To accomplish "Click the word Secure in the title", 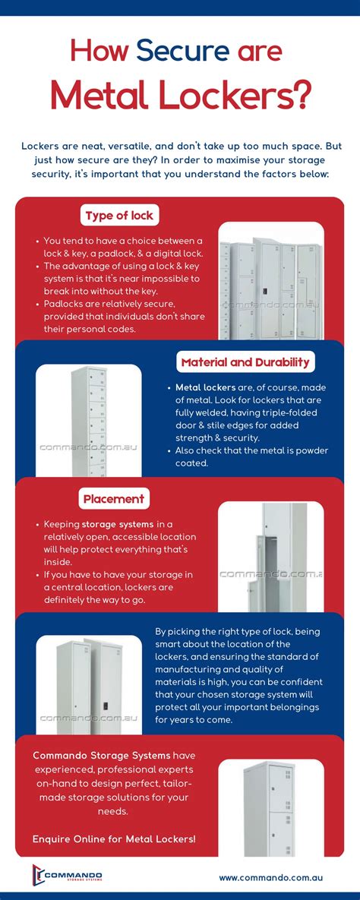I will click(x=182, y=51).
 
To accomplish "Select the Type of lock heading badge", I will click(x=119, y=216).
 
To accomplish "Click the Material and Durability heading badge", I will click(x=245, y=362).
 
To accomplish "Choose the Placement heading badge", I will click(x=114, y=499).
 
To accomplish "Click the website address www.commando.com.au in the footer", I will click(x=271, y=877).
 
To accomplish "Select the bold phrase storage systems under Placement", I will click(x=118, y=524).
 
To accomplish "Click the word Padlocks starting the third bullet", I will click(x=64, y=303).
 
